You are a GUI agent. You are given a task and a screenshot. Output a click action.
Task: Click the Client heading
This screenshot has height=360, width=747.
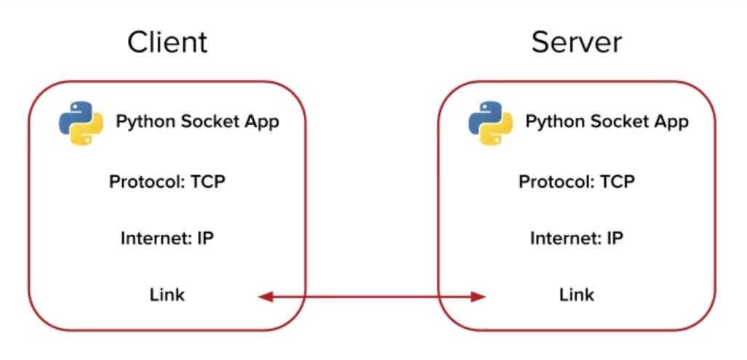(167, 42)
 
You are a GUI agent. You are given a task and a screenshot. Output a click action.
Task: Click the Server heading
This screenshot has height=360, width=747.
(576, 42)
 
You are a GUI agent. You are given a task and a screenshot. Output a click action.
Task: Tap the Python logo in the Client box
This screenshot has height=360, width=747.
(81, 121)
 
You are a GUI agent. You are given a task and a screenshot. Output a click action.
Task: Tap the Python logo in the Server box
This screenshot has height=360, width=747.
(490, 121)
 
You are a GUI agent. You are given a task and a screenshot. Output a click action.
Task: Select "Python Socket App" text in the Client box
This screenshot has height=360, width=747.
(197, 121)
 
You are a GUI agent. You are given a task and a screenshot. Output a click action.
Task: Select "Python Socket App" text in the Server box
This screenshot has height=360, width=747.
(607, 121)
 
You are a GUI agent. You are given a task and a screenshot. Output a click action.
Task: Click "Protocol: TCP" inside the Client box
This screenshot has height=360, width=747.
(167, 181)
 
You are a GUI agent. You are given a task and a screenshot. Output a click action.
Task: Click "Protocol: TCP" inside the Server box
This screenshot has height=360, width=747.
(577, 181)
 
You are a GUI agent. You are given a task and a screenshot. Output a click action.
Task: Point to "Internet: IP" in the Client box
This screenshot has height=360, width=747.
(167, 238)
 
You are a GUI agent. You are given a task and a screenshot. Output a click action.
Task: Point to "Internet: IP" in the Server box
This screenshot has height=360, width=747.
(577, 238)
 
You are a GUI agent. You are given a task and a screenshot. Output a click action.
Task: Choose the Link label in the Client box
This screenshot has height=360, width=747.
(167, 295)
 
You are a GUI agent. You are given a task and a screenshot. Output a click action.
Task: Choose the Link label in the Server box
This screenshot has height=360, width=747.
(577, 295)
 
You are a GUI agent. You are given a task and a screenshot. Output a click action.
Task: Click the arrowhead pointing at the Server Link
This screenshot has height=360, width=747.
(478, 296)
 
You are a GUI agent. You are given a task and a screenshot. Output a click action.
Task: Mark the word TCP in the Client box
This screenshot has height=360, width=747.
(208, 181)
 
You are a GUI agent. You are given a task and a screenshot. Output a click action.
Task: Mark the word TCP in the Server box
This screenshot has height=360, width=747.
(618, 181)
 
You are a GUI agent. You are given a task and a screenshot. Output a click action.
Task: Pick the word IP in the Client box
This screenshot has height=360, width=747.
(205, 238)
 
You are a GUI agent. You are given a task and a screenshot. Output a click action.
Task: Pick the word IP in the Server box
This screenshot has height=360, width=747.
(615, 238)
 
